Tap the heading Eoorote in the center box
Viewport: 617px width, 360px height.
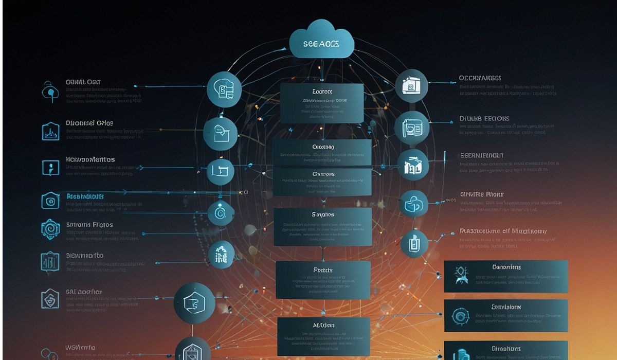pos(322,92)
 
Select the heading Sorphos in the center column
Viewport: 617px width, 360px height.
pos(323,214)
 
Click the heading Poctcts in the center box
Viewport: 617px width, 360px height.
pos(323,269)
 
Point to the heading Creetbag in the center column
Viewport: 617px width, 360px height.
pos(323,147)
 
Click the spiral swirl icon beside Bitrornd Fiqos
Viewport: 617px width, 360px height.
pos(50,229)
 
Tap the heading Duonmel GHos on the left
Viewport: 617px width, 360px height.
pos(89,123)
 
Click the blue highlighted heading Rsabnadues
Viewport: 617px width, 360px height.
pos(85,196)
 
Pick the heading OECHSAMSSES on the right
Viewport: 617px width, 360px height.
pos(480,79)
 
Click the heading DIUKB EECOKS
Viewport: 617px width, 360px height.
pos(484,119)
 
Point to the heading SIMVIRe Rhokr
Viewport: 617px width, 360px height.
pos(481,195)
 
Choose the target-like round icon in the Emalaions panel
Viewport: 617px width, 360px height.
pos(459,316)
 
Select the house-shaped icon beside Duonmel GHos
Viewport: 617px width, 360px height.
pos(50,131)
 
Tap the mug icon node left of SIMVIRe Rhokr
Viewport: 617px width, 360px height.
pos(413,205)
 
